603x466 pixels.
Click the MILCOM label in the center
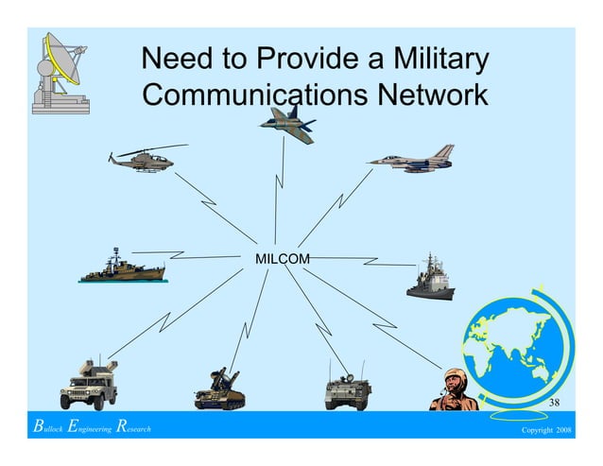(282, 257)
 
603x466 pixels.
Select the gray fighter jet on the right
(413, 159)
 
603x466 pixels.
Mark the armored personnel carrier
(348, 390)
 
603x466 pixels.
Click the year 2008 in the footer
(563, 430)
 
